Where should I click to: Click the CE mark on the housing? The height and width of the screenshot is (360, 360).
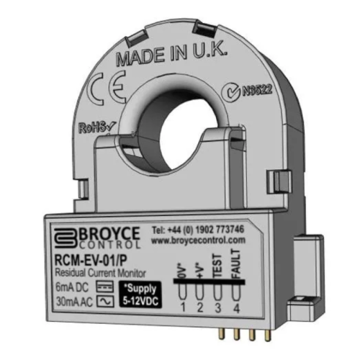[107, 88]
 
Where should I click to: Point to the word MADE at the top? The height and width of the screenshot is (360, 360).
[141, 57]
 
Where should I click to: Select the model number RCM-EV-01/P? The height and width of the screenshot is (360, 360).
[91, 261]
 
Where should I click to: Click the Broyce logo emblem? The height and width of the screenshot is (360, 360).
[66, 238]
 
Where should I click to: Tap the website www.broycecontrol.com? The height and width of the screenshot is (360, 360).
[198, 240]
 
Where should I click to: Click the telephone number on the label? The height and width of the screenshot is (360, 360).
[198, 230]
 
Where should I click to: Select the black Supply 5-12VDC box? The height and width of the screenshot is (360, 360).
[140, 294]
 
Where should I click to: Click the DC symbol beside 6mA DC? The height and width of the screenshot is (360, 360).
[105, 287]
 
